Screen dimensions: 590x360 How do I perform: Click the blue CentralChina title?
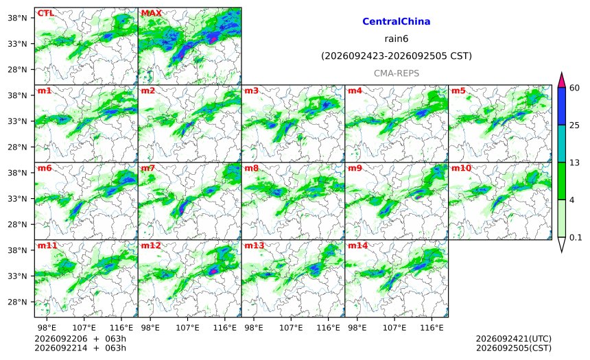tap(397, 21)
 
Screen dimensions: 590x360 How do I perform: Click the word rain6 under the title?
tap(397, 39)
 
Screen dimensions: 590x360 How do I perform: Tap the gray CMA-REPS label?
tap(397, 73)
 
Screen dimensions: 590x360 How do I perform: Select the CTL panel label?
tap(45, 13)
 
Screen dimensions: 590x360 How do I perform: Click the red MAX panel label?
tap(151, 13)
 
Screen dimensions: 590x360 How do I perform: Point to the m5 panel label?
tap(458, 91)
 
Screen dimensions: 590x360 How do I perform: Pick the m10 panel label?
tap(461, 168)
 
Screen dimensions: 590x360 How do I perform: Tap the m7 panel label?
tap(148, 168)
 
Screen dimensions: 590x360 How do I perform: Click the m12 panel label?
tap(151, 245)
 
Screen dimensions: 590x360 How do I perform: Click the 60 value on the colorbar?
tap(575, 88)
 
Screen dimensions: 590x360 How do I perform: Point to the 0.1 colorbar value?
tap(576, 238)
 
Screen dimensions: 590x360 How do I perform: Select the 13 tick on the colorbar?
tap(575, 163)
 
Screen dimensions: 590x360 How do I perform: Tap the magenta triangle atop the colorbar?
tap(562, 80)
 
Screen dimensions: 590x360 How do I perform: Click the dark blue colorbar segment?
tap(562, 106)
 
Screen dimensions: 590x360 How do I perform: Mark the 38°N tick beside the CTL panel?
tap(17, 18)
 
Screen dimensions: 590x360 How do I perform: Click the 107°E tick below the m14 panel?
tap(394, 328)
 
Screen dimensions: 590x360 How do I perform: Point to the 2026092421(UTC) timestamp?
tap(514, 339)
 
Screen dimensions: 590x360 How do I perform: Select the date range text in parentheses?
tap(397, 56)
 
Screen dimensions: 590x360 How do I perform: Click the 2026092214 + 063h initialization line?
tap(80, 348)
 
